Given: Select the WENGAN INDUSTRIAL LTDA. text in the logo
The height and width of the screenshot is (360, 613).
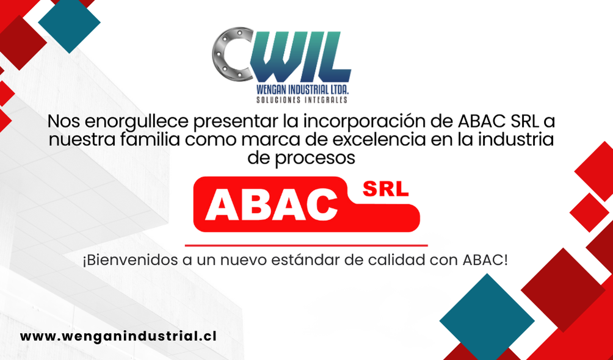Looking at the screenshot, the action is coord(302,90).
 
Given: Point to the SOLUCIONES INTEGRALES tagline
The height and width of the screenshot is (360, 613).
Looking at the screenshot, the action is coord(302,100).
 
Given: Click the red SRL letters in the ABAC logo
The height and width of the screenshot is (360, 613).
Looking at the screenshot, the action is coord(385,189).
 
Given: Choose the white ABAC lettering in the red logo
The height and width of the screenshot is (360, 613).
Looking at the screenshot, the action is coord(271,203).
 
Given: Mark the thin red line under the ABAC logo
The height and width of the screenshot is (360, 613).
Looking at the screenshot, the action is coord(306,245).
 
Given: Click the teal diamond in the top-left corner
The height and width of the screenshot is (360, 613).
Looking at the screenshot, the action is coord(69,23).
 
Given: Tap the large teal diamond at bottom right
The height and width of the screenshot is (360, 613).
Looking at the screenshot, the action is coord(487,320).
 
